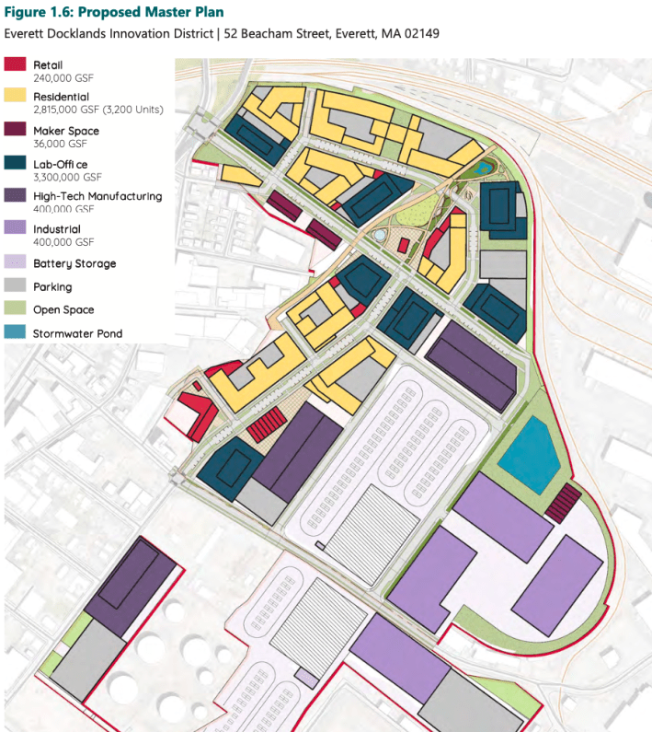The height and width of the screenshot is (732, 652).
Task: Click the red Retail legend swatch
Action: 16,65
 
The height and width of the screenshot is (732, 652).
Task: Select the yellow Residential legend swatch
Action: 16,98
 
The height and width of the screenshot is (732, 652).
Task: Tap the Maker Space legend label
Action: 65,131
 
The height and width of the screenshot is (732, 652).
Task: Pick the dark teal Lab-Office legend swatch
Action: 16,164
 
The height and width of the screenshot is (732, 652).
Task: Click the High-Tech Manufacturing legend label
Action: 97,196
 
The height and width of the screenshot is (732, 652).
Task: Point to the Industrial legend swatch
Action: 16,229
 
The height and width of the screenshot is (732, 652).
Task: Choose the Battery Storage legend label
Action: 74,263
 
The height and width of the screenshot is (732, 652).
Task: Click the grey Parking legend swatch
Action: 16,287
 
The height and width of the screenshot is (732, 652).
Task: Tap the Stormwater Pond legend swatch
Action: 16,333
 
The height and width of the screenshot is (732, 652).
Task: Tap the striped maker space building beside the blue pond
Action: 563,502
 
